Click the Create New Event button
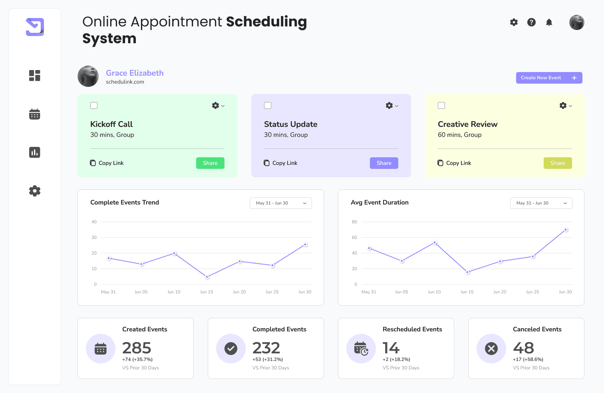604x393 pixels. coord(548,78)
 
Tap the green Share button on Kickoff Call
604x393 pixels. coord(210,163)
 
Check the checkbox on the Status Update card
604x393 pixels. coord(268,106)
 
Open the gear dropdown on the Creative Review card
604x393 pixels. coord(565,106)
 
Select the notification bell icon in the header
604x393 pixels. coord(549,22)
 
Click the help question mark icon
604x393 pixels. coord(531,22)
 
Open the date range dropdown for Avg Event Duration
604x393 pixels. coord(541,203)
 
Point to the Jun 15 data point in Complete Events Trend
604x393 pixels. coord(207,277)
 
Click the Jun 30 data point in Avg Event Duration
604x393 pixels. coord(566,230)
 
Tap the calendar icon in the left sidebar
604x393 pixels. coord(35,114)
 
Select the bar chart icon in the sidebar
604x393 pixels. coord(35,152)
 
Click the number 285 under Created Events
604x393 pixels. coord(137,348)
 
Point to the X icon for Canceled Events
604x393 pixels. coord(491,349)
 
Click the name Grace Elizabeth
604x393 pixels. coord(135,73)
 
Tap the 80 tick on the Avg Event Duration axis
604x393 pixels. coord(354,222)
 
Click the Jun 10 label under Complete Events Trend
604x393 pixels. coord(174,292)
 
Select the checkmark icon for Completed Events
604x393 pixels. coord(231,349)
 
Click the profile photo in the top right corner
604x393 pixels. coord(576,22)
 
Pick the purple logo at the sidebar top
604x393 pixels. coord(35,27)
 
